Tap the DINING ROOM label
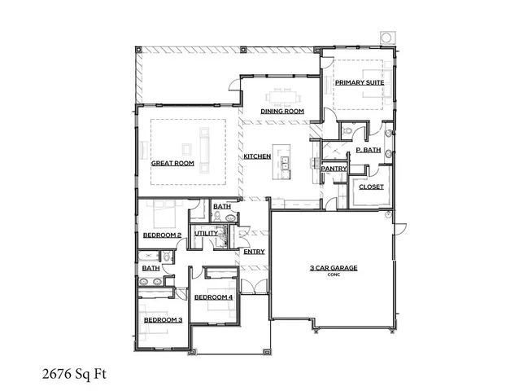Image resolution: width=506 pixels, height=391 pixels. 282,111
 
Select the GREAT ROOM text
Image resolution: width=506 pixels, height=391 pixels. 172,164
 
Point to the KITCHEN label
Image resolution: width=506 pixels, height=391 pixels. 257,156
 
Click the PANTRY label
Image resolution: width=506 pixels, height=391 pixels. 334,169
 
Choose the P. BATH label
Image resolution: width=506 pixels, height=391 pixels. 369,151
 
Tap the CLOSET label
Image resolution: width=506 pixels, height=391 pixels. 372,187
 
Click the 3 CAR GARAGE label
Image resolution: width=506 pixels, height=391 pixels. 333,267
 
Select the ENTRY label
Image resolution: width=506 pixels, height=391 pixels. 254,252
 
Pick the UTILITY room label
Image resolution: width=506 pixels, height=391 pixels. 205,234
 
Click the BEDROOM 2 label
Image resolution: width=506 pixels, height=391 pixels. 162,235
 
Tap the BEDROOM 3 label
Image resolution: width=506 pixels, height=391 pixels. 163,320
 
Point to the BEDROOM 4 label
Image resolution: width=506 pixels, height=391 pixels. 213,297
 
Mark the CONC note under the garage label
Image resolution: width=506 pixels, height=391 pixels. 333,275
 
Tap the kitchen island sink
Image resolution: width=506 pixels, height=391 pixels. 287,167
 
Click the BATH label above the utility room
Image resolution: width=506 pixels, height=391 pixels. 222,207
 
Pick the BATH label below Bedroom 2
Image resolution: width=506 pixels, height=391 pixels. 151,268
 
